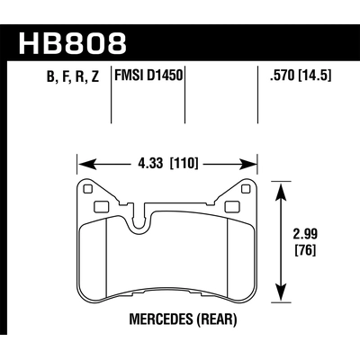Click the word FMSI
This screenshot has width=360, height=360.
pyautogui.click(x=134, y=77)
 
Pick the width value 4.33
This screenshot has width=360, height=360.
pyautogui.click(x=150, y=164)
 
